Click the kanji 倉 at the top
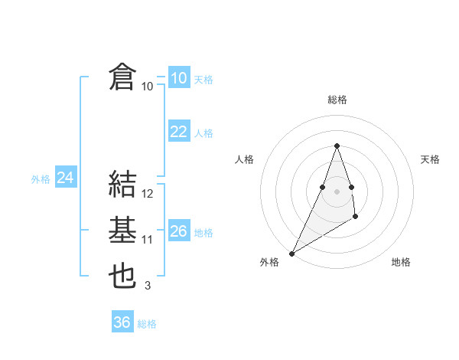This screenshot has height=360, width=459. [122, 78]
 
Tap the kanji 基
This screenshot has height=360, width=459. [122, 231]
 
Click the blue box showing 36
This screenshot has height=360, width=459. [122, 322]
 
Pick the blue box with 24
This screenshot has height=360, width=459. [65, 178]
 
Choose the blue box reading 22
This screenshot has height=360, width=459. [178, 132]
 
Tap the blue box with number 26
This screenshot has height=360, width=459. [178, 231]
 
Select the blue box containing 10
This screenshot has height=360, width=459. [178, 77]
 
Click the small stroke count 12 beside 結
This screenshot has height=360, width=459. [148, 194]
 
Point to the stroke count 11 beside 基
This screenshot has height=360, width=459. [148, 240]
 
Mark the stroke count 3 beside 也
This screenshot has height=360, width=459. [147, 286]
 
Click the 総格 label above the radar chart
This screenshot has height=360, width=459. [337, 100]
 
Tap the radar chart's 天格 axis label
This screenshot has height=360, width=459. [430, 159]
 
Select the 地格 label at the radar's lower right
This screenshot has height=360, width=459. [401, 262]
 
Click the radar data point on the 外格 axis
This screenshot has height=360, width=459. [291, 253]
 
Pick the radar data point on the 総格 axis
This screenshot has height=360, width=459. [337, 146]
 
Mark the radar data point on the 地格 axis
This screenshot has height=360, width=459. [356, 217]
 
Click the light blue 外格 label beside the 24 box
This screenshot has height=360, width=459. [41, 179]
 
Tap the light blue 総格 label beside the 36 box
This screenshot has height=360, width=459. [147, 324]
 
